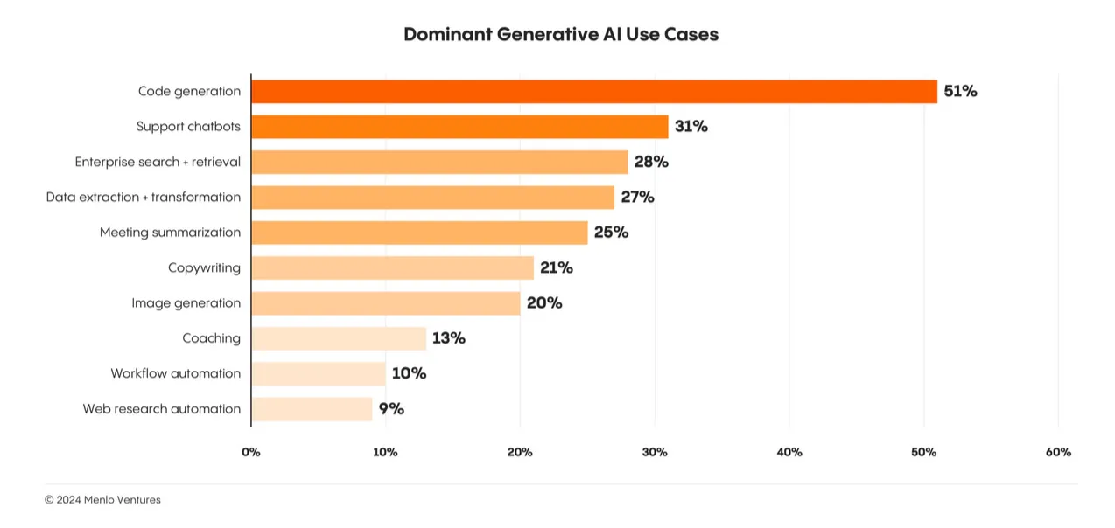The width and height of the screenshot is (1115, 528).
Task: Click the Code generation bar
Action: pyautogui.click(x=593, y=92)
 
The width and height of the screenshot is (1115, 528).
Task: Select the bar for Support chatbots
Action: pyautogui.click(x=459, y=127)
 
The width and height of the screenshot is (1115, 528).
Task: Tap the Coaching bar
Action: pyautogui.click(x=339, y=338)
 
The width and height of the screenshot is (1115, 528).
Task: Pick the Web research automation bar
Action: pyautogui.click(x=312, y=409)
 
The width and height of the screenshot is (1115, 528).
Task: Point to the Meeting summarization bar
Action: pyautogui.click(x=419, y=233)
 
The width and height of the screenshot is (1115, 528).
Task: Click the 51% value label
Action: pyautogui.click(x=960, y=91)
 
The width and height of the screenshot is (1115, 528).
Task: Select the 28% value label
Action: pyautogui.click(x=651, y=162)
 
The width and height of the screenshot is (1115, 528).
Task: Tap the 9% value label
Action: pyautogui.click(x=391, y=408)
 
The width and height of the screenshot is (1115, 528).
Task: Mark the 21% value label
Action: pyautogui.click(x=556, y=267)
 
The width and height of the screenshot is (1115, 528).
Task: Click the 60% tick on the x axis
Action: pyautogui.click(x=1058, y=452)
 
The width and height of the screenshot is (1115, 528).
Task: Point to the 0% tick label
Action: pyautogui.click(x=251, y=452)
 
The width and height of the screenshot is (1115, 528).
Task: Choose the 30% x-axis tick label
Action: pyautogui.click(x=655, y=452)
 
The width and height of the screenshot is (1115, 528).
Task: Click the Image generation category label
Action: pyautogui.click(x=186, y=303)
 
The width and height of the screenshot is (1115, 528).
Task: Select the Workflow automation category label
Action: pyautogui.click(x=175, y=373)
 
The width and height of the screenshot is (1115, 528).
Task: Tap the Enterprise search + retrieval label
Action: pyautogui.click(x=158, y=162)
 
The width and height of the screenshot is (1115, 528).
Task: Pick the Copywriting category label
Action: pyautogui.click(x=204, y=267)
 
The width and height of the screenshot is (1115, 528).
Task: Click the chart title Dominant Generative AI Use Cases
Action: pyautogui.click(x=561, y=35)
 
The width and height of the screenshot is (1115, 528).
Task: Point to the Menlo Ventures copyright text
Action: pyautogui.click(x=102, y=500)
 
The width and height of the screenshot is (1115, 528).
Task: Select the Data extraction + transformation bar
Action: pyautogui.click(x=432, y=198)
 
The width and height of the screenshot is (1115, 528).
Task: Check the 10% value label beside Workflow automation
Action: pyautogui.click(x=409, y=373)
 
